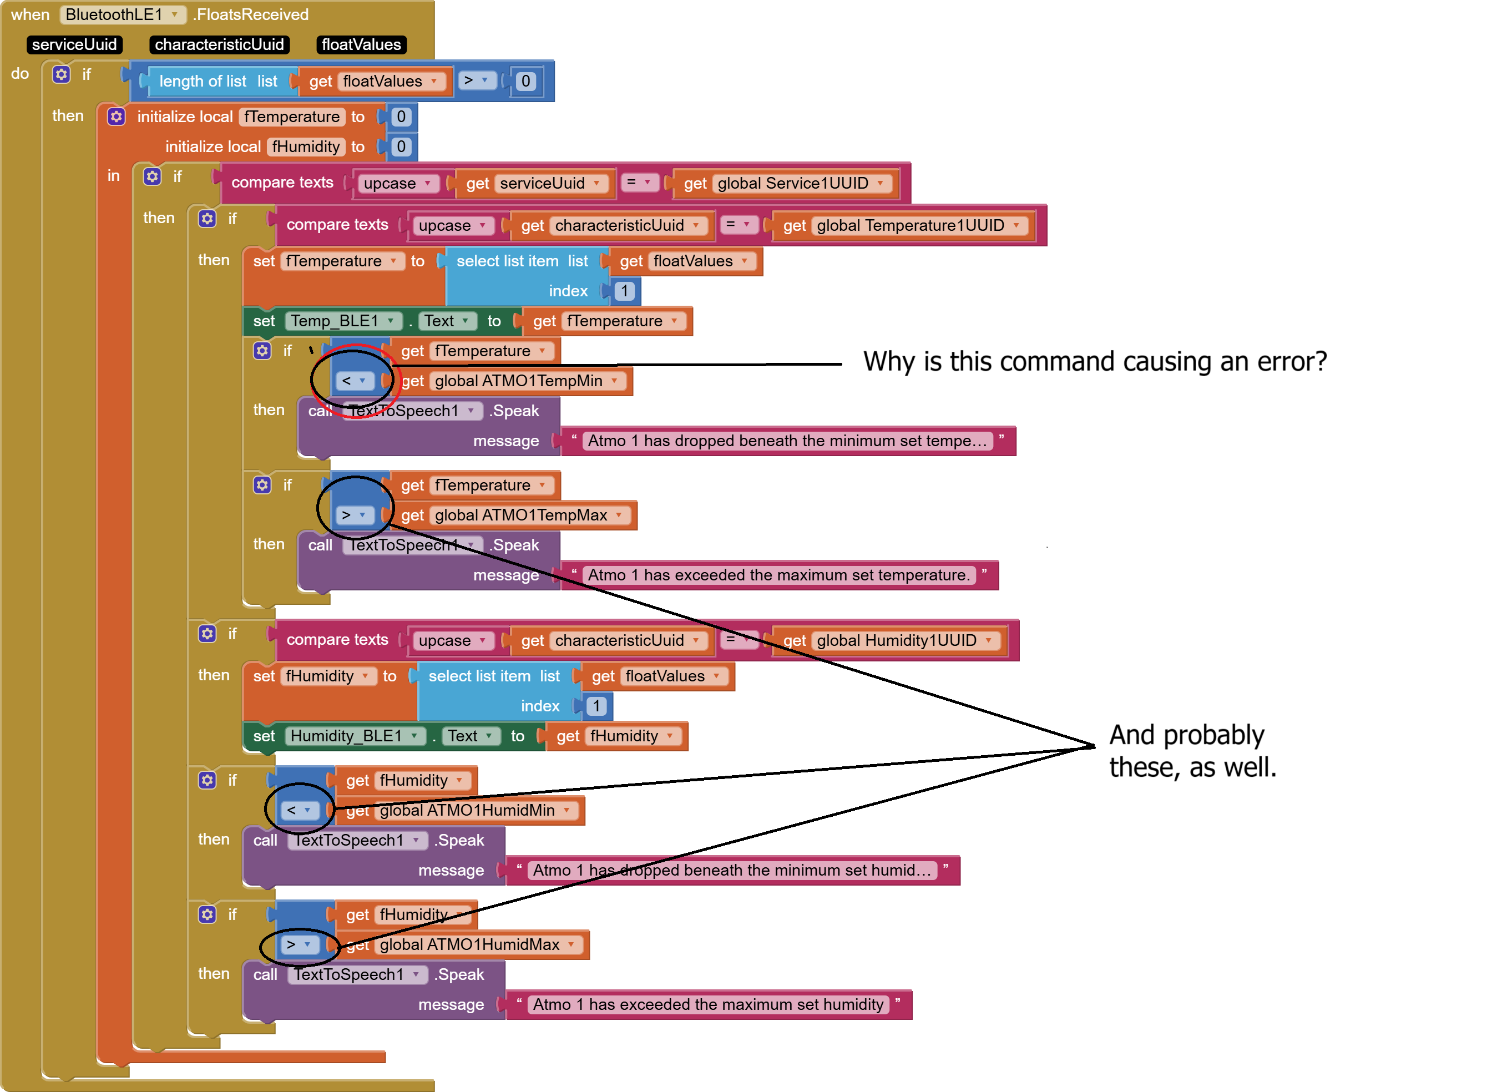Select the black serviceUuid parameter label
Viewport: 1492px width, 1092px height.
[74, 44]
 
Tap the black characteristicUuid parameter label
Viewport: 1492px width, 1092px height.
[219, 44]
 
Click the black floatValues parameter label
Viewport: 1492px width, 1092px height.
[361, 44]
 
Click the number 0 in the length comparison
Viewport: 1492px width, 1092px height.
[525, 80]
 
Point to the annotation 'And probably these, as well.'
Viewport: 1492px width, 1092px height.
[1192, 751]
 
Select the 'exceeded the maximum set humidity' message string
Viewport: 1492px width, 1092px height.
[709, 1005]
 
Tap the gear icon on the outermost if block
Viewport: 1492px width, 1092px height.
[62, 74]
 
